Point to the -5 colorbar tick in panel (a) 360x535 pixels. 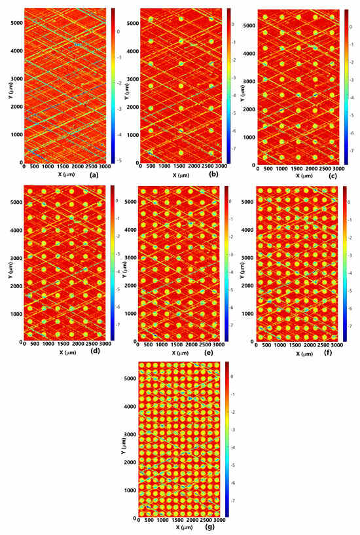pos(118,159)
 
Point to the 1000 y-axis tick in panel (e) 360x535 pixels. pos(130,314)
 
